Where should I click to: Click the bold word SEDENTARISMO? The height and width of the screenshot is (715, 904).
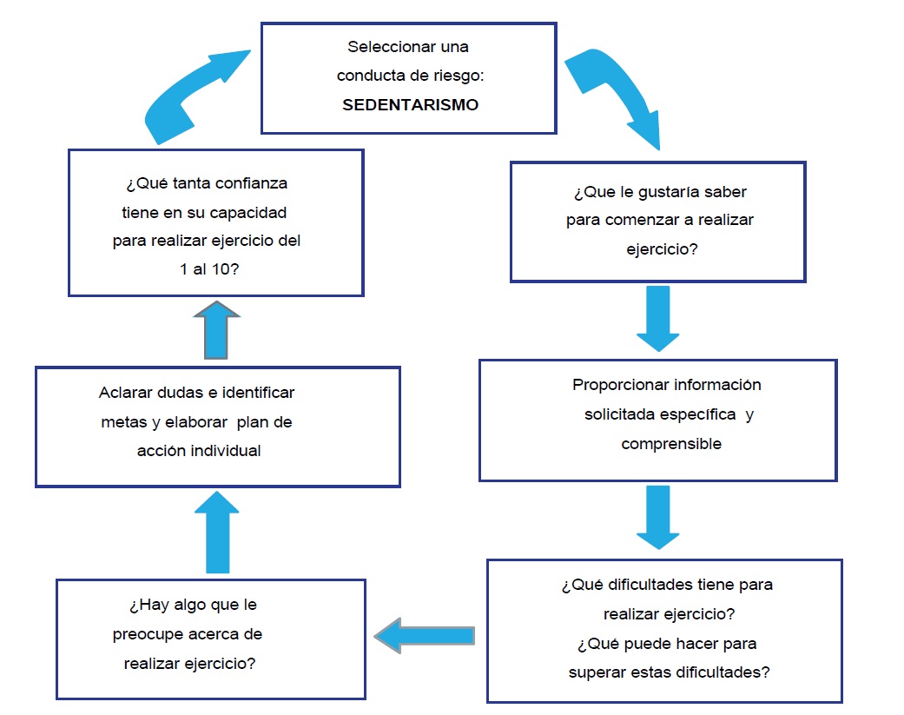tap(411, 104)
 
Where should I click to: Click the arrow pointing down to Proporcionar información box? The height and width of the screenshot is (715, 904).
tap(658, 318)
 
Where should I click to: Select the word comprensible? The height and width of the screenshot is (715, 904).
tap(671, 444)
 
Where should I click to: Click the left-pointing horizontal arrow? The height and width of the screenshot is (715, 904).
tap(425, 636)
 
